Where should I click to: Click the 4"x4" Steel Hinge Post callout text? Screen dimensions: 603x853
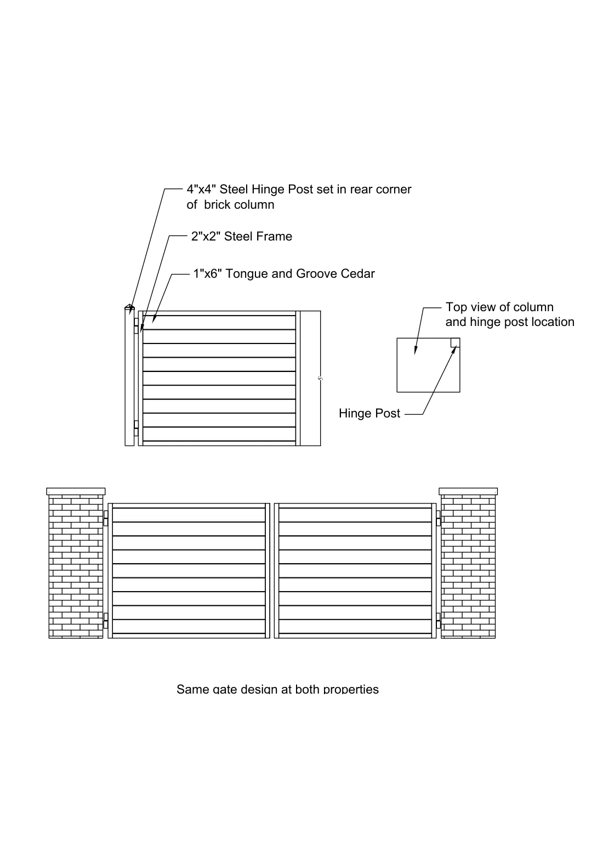pos(299,197)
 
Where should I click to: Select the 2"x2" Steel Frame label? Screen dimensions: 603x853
pos(242,237)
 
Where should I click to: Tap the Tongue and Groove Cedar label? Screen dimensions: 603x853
pos(284,274)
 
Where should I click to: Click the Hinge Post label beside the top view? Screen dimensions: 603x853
pos(369,414)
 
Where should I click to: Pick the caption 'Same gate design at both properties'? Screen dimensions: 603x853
pos(277,689)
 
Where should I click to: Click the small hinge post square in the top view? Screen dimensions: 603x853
pos(455,343)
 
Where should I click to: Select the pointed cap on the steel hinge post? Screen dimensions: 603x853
pos(129,307)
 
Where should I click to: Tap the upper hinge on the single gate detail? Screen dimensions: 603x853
pos(136,326)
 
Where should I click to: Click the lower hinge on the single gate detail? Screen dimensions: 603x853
pos(136,428)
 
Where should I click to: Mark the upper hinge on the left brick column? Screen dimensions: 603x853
pos(106,518)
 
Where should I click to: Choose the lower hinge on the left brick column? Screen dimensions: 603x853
pos(106,621)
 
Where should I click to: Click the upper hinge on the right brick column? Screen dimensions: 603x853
pos(439,518)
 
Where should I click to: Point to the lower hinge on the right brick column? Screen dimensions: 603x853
pos(439,621)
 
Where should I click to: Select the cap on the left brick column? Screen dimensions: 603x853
pos(76,491)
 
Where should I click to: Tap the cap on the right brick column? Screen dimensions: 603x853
pos(468,491)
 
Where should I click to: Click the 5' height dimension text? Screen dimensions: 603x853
pos(321,379)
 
